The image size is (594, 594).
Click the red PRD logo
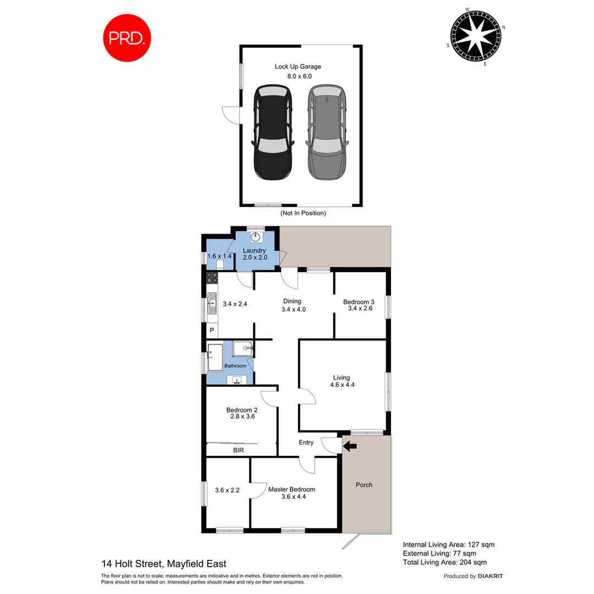[128, 37]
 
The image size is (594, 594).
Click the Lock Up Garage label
[298, 67]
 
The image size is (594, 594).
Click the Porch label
[364, 485]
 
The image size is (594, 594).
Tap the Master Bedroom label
[291, 489]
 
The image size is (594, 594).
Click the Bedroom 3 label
[359, 301]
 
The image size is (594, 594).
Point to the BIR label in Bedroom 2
[238, 450]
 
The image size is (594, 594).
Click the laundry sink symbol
[256, 237]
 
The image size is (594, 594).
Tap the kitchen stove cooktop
[212, 278]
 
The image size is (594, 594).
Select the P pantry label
[212, 331]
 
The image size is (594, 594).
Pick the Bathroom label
[235, 366]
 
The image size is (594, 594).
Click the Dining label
[292, 301]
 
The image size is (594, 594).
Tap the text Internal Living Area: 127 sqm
[448, 544]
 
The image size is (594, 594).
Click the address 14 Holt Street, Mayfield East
[164, 564]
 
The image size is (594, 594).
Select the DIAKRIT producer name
[491, 576]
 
